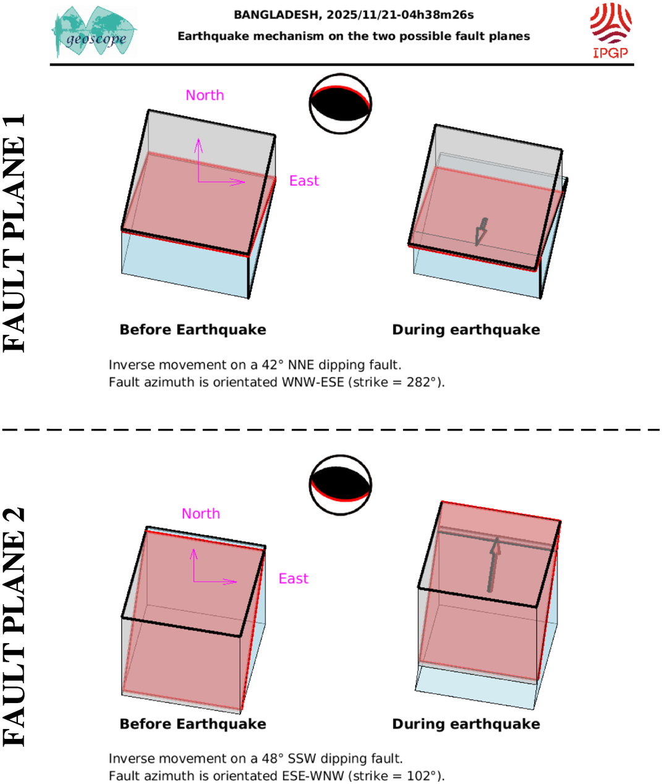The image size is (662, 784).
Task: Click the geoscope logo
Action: coord(94,32)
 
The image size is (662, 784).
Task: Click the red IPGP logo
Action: coord(611,30)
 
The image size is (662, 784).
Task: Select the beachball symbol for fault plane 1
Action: coord(341,104)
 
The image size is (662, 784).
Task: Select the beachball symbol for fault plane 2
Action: coord(341,485)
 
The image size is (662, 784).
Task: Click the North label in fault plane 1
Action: coord(205,95)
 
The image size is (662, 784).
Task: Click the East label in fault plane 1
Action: coord(304,181)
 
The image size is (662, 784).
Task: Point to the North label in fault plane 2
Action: coord(201,513)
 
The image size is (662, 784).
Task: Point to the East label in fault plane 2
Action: coord(294,579)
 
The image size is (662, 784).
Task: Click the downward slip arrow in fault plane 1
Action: coord(481,232)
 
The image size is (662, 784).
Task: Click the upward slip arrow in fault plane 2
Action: coord(493,565)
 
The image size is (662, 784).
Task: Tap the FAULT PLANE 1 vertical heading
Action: coord(14,233)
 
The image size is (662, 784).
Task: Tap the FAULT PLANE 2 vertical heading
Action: coord(14,628)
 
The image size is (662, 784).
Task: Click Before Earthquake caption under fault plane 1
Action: coord(193,330)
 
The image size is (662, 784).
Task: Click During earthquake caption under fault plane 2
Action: coord(466,724)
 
